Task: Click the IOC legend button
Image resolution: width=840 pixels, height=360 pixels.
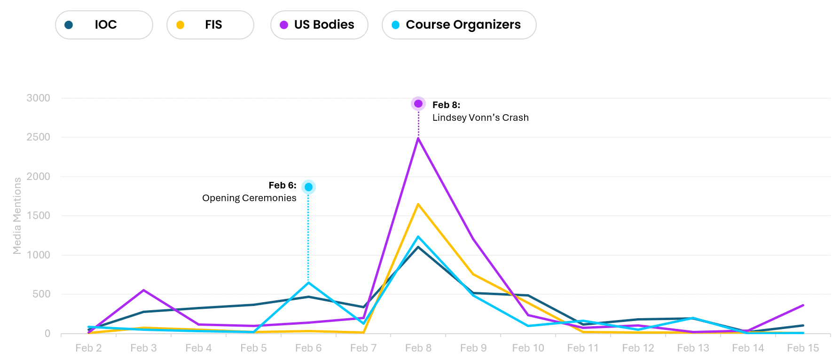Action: click(104, 25)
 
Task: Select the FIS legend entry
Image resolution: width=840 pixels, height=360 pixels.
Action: click(210, 25)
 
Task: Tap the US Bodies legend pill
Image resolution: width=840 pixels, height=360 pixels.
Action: click(319, 25)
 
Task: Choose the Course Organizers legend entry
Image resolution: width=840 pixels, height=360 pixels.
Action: click(459, 25)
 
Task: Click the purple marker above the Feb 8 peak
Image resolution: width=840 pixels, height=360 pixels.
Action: click(418, 103)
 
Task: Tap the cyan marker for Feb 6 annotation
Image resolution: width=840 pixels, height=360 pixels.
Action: click(308, 187)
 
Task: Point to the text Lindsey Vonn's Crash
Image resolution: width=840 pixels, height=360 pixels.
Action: click(480, 117)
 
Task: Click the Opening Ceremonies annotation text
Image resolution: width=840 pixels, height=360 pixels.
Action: click(249, 198)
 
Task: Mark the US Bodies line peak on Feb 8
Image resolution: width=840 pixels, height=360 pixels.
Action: click(418, 138)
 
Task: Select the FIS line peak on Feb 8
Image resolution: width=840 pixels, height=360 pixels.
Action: click(418, 204)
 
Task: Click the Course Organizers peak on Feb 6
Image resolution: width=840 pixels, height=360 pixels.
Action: click(308, 282)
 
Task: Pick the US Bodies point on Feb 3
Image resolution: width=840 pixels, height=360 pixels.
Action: click(143, 290)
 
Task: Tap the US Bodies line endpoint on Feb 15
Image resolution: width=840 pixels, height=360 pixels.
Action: click(803, 305)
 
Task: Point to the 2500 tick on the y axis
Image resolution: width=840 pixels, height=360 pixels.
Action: click(39, 137)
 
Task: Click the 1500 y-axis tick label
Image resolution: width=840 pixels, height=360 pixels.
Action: click(39, 216)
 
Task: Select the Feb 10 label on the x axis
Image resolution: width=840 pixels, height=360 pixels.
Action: click(528, 348)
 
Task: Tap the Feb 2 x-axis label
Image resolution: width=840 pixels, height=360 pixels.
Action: click(88, 348)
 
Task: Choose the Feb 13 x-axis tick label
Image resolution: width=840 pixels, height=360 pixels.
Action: click(693, 348)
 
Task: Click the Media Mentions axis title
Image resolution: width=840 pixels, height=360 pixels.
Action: click(17, 216)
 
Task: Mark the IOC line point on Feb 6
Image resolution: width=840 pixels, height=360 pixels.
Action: click(308, 297)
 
